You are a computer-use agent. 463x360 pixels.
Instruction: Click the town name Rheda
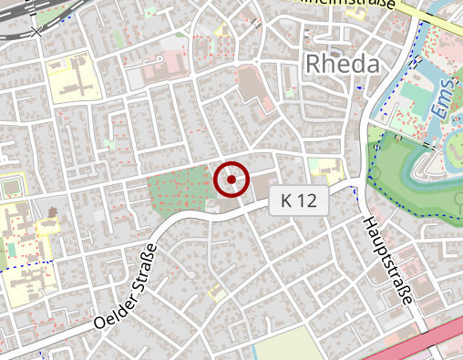(x=343, y=63)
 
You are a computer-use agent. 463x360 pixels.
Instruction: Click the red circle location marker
(x=231, y=180)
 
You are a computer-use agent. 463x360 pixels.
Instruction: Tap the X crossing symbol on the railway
(x=36, y=33)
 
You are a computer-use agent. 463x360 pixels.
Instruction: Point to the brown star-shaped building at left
(x=50, y=213)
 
